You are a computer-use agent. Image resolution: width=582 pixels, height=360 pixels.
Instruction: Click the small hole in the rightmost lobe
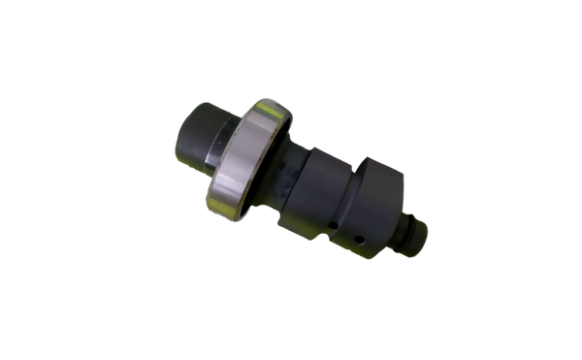(x=362, y=239)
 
